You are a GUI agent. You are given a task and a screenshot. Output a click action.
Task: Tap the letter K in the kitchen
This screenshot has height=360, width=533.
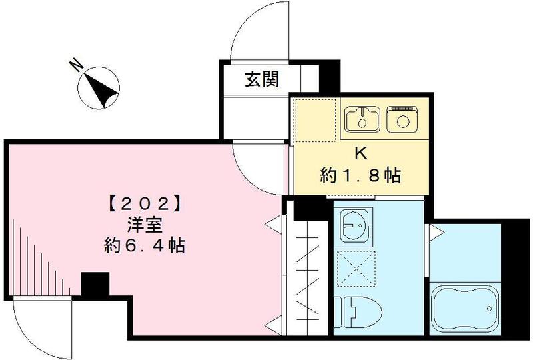coord(360,153)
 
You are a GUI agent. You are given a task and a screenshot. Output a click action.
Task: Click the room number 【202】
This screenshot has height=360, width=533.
coord(145,201)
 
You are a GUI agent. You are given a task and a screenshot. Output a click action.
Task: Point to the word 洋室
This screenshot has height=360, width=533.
coord(144,223)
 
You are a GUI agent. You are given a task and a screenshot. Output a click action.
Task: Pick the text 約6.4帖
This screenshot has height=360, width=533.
coord(144,245)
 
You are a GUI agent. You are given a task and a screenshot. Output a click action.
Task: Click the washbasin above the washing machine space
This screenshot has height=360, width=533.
coord(356,227)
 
